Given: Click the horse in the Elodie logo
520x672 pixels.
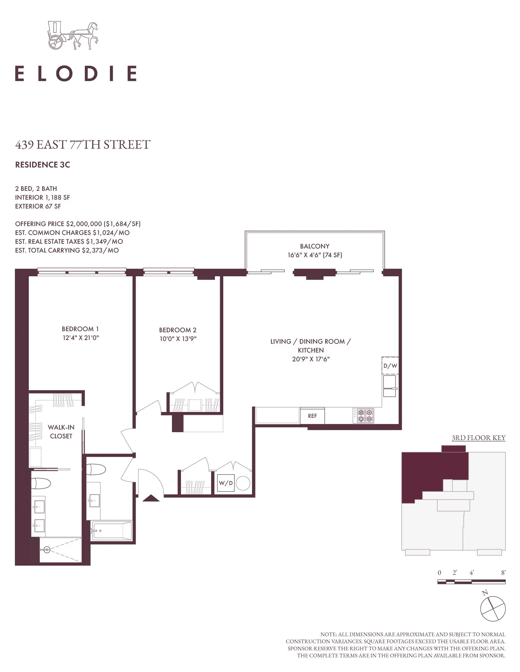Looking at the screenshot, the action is click(85, 35).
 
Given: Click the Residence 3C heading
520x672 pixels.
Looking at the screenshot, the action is click(43, 165).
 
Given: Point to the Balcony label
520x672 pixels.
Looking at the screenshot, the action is click(315, 246).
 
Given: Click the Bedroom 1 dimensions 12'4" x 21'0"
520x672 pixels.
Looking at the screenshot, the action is click(81, 338).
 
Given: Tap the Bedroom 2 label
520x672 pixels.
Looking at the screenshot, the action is click(178, 330).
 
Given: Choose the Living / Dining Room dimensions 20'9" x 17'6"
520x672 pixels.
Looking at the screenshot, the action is click(311, 359).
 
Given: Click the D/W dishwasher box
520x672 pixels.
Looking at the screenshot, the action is click(390, 365).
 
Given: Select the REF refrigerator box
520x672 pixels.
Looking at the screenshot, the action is click(312, 415).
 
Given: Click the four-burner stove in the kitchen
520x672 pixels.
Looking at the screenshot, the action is click(363, 415).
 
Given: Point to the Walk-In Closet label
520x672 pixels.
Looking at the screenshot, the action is click(61, 432).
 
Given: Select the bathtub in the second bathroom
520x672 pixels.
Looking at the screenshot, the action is click(112, 531).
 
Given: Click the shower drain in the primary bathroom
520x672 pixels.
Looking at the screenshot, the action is click(47, 549).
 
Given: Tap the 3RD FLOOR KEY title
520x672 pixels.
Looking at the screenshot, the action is click(478, 438).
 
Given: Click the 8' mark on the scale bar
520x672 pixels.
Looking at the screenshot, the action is click(503, 573).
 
